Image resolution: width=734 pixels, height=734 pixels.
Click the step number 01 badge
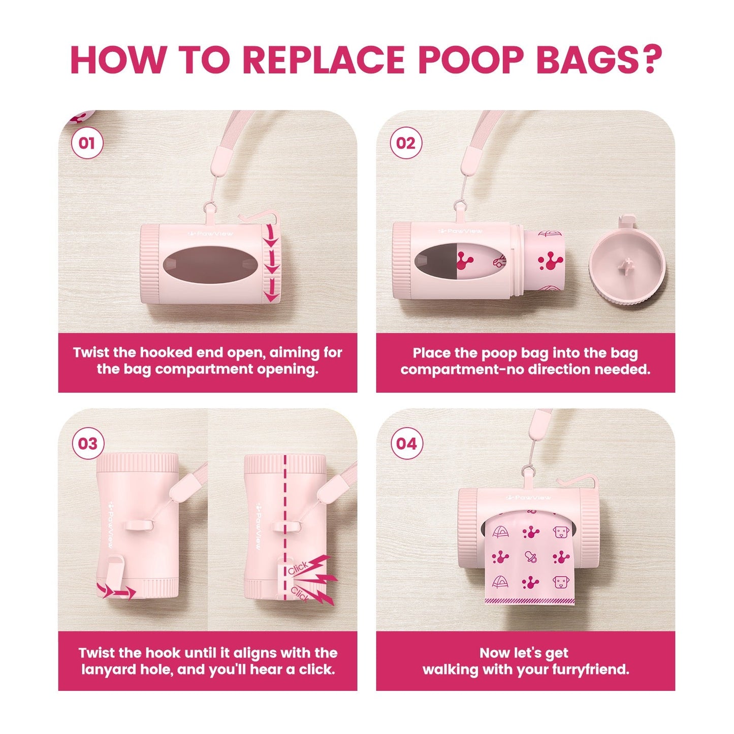pyautogui.click(x=87, y=143)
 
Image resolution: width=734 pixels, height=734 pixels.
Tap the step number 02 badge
pyautogui.click(x=406, y=143)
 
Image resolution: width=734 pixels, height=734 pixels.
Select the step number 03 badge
pyautogui.click(x=88, y=443)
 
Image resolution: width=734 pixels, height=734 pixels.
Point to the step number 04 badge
pyautogui.click(x=406, y=443)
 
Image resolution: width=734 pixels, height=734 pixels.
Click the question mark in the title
pyautogui.click(x=650, y=60)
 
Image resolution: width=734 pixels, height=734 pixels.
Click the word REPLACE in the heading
pyautogui.click(x=323, y=60)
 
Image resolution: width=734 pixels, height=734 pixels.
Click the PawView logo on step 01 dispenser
pyautogui.click(x=210, y=233)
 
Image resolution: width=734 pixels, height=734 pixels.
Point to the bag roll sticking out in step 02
pyautogui.click(x=542, y=262)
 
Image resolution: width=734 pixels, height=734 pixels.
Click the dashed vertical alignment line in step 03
pyautogui.click(x=285, y=508)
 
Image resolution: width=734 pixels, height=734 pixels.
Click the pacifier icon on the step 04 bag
pyautogui.click(x=531, y=556)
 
